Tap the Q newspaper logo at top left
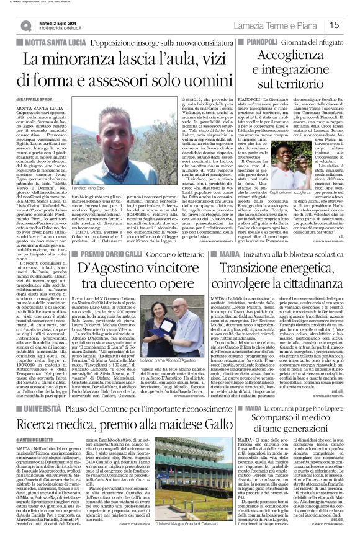tap(25, 24)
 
